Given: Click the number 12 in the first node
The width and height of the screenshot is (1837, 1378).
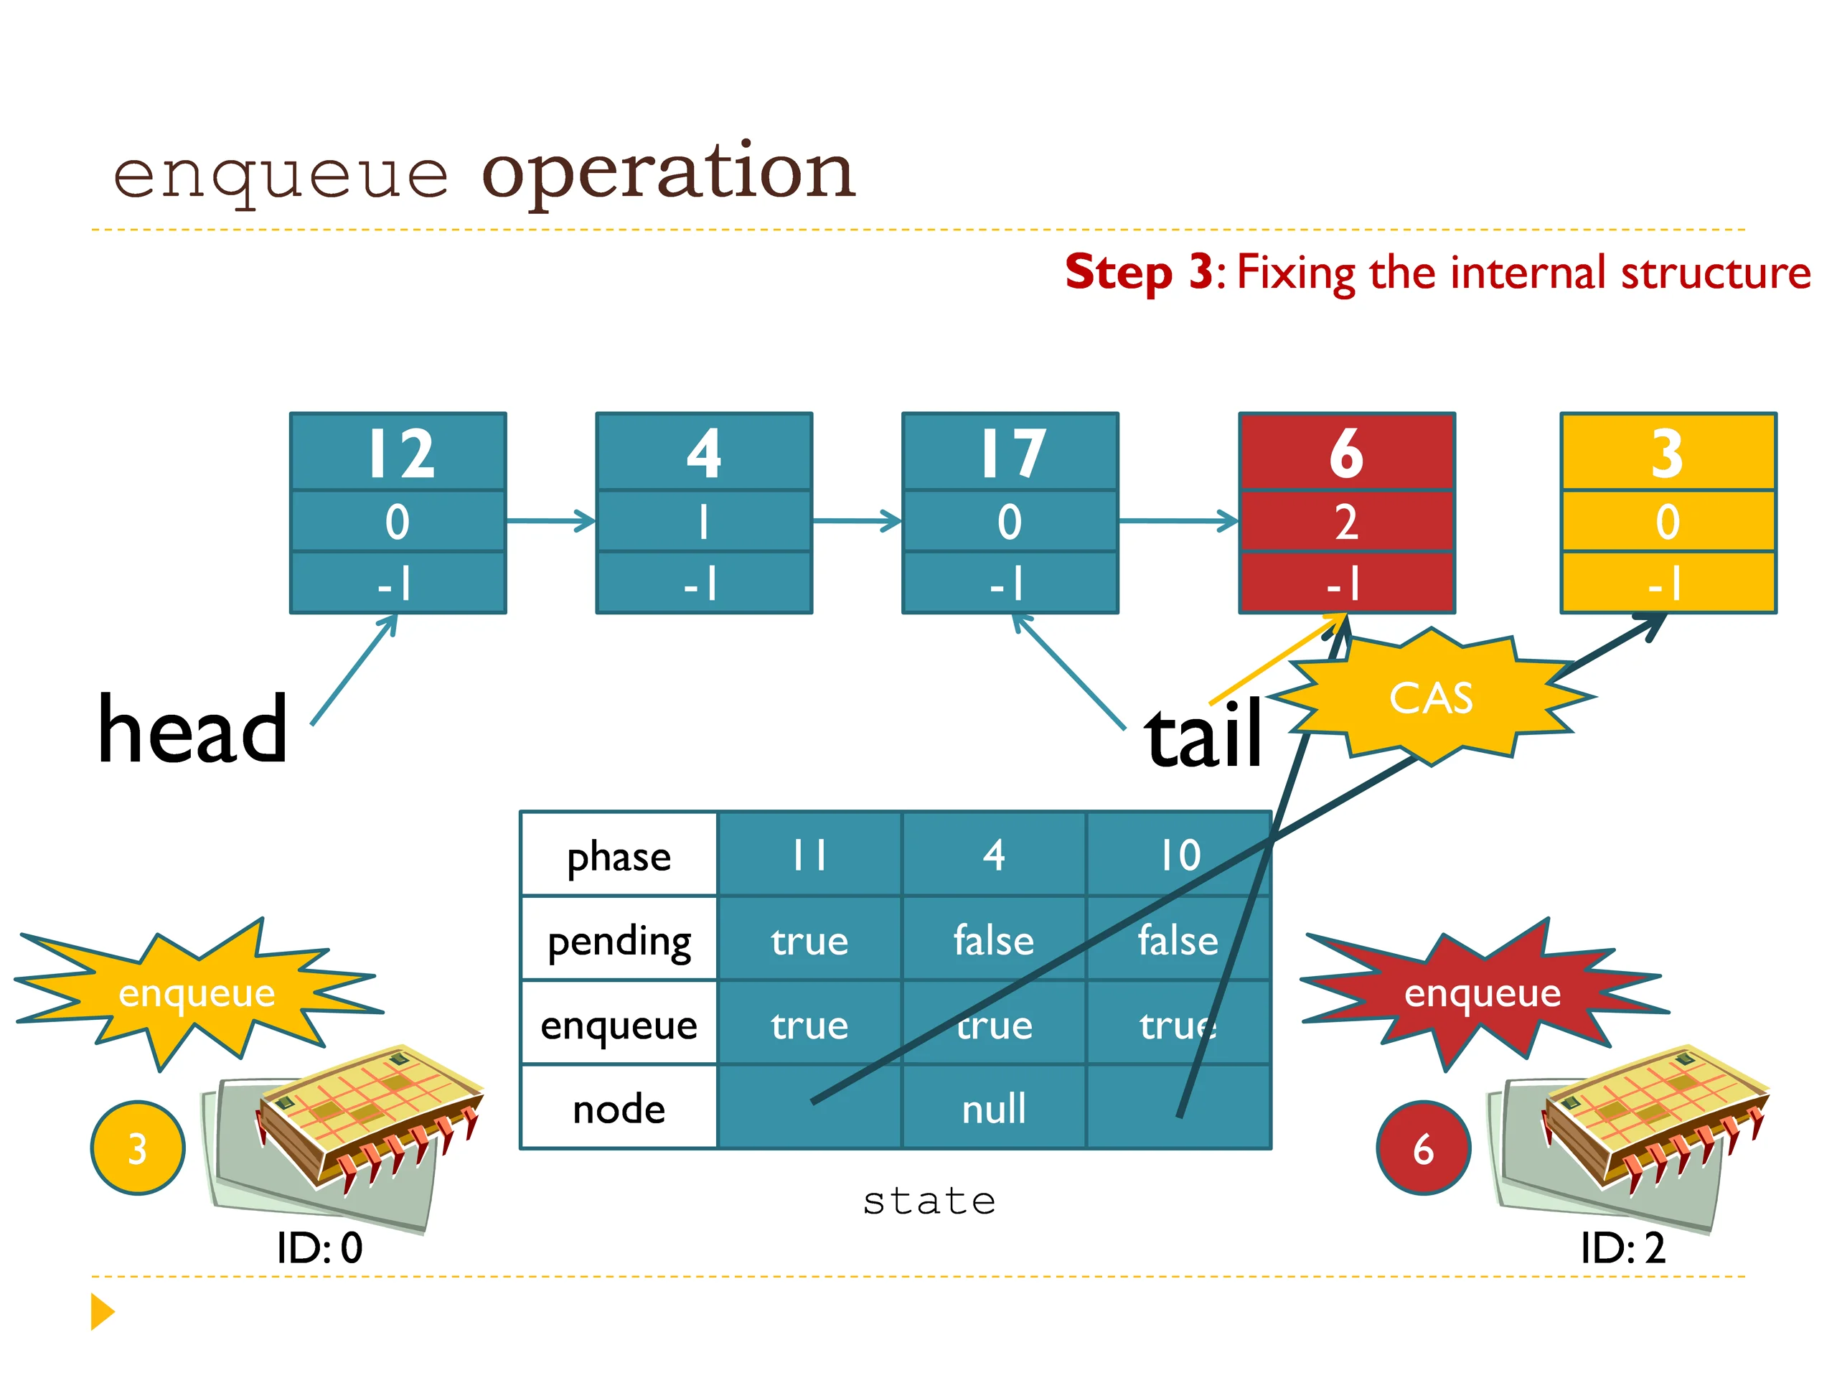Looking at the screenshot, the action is [x=401, y=454].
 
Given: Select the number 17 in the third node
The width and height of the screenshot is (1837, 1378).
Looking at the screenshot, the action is [x=1013, y=454].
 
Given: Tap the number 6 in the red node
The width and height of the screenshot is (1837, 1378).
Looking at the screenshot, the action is [x=1346, y=454].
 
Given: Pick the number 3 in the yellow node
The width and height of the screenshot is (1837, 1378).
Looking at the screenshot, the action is [x=1667, y=454].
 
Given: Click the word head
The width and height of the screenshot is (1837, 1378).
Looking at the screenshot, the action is [x=192, y=728].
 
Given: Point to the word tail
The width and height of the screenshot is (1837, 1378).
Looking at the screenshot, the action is [x=1203, y=733].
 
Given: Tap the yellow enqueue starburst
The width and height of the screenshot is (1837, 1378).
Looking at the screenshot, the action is [x=197, y=993].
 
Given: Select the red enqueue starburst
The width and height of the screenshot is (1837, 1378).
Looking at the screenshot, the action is [x=1483, y=993].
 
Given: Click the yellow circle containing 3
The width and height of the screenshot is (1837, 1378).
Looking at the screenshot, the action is [x=138, y=1148].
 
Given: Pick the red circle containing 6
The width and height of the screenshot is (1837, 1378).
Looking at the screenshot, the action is [x=1424, y=1148].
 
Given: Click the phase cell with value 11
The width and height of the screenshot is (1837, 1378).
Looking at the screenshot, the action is [x=809, y=855].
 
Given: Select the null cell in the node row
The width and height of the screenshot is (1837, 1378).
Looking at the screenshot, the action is [x=994, y=1108].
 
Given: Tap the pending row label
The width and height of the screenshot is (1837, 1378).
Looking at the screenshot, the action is [x=619, y=941].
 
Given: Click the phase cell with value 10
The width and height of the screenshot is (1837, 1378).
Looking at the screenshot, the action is [x=1179, y=855].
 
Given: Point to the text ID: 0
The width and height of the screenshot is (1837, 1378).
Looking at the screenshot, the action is [x=320, y=1247].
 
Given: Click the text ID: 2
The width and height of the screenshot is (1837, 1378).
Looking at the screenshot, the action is [x=1622, y=1247].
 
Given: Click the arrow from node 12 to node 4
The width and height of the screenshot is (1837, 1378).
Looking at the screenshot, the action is [x=551, y=522].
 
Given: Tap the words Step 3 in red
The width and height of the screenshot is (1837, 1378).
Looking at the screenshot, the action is [x=1140, y=273].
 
